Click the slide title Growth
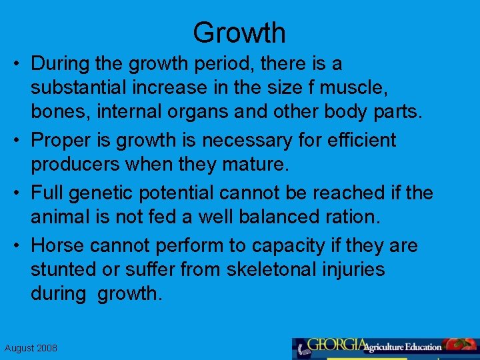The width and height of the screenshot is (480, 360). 239,32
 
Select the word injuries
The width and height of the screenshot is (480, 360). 354,269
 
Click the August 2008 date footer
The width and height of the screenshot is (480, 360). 31,348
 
